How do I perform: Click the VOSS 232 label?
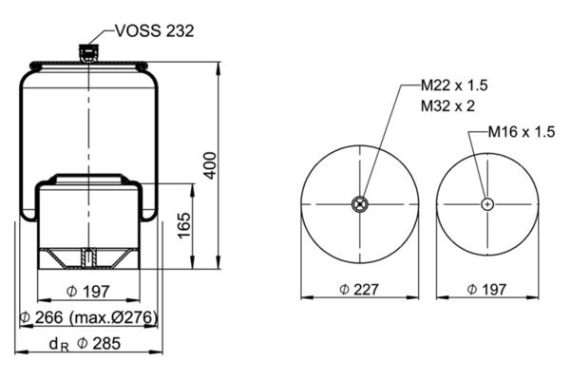point(155,31)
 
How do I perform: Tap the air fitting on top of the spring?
point(88,53)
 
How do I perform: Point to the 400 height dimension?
point(210,165)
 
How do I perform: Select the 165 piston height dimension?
point(184,225)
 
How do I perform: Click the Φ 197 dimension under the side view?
point(88,292)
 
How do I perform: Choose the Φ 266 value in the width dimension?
point(41,317)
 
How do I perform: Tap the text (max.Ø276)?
point(113,318)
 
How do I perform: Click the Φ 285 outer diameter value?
point(99,343)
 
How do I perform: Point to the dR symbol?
point(59,344)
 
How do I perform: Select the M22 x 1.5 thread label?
point(454,85)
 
